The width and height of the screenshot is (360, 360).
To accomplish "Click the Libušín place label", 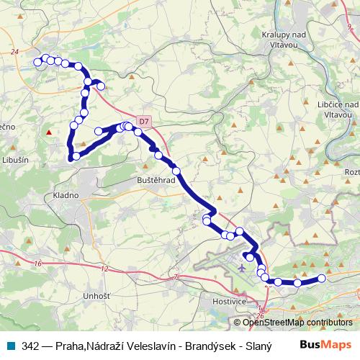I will pyautogui.click(x=14, y=160).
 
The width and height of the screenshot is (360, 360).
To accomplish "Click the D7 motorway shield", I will pyautogui.click(x=144, y=120).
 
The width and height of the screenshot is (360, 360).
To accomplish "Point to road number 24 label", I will pyautogui.click(x=14, y=52).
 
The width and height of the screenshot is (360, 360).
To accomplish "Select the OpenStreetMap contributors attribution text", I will pyautogui.click(x=298, y=323).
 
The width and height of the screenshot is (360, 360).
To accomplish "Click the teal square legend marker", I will pyautogui.click(x=12, y=346).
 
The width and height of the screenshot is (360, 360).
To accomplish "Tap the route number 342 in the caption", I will pyautogui.click(x=30, y=346).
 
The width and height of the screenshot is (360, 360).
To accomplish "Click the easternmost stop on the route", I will pyautogui.click(x=322, y=278).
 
